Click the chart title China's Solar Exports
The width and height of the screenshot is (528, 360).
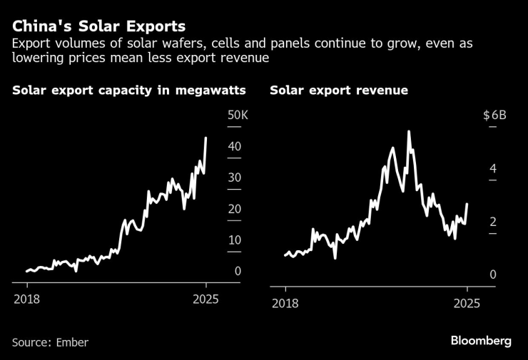(x=98, y=26)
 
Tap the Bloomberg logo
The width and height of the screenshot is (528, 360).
(x=481, y=341)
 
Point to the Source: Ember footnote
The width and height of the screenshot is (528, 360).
(x=50, y=342)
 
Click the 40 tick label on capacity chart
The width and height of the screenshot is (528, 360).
(x=234, y=147)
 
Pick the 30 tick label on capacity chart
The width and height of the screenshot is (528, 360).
(x=234, y=178)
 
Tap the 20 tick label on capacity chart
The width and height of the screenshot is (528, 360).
(x=234, y=209)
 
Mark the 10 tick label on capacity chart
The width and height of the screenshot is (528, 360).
(x=234, y=240)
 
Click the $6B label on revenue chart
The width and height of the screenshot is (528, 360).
(x=494, y=115)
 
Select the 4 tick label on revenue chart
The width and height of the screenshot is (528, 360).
(x=492, y=168)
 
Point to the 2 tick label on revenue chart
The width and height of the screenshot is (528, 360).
(x=492, y=222)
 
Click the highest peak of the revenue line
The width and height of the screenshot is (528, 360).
(x=409, y=132)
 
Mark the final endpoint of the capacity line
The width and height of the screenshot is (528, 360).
(x=206, y=138)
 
